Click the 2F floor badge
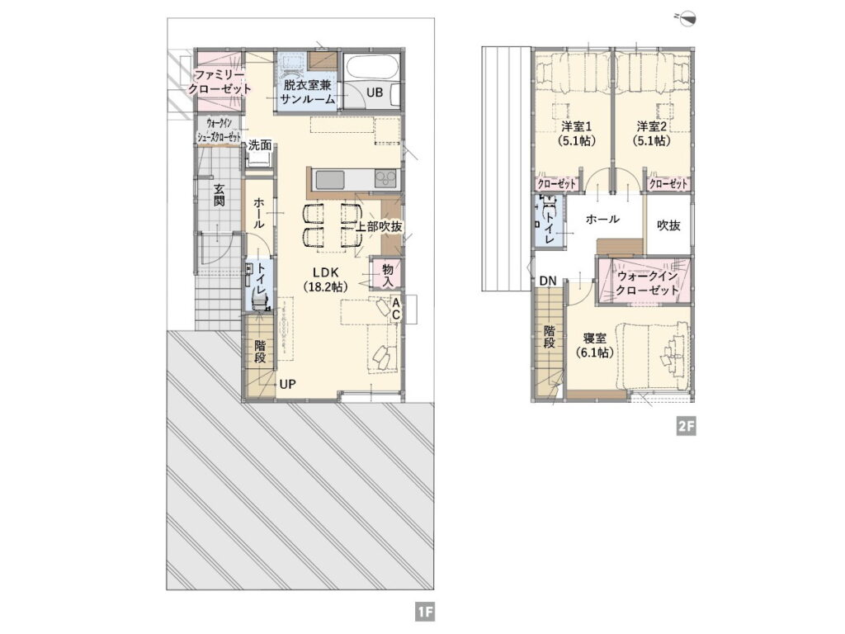687,427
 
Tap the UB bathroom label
375,92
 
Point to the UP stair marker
287,385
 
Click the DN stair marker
548,281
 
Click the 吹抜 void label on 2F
668,225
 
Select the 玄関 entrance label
219,195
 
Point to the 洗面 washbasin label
260,145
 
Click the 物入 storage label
389,275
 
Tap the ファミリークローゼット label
220,82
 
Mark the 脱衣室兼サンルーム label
307,92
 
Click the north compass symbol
687,18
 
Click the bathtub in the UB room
372,69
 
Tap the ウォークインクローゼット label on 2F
647,283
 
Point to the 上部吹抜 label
378,227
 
